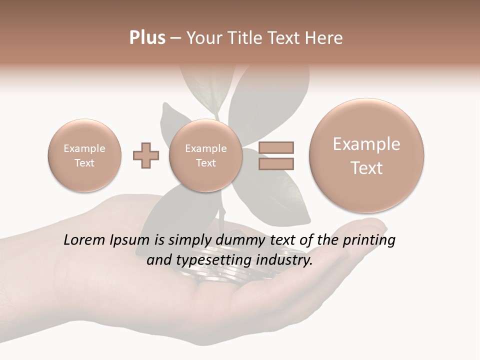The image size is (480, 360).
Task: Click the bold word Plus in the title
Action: [147, 38]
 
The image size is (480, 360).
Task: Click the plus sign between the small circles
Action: [146, 155]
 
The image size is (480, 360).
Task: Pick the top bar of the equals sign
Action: [275, 147]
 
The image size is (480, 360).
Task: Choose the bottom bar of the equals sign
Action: [275, 163]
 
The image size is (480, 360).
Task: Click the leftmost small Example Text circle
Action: [84, 155]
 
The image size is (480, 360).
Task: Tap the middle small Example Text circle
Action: [206, 155]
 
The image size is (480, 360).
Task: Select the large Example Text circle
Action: [366, 155]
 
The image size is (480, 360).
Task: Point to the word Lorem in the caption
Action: [85, 240]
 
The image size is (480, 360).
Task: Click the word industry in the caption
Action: [284, 260]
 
